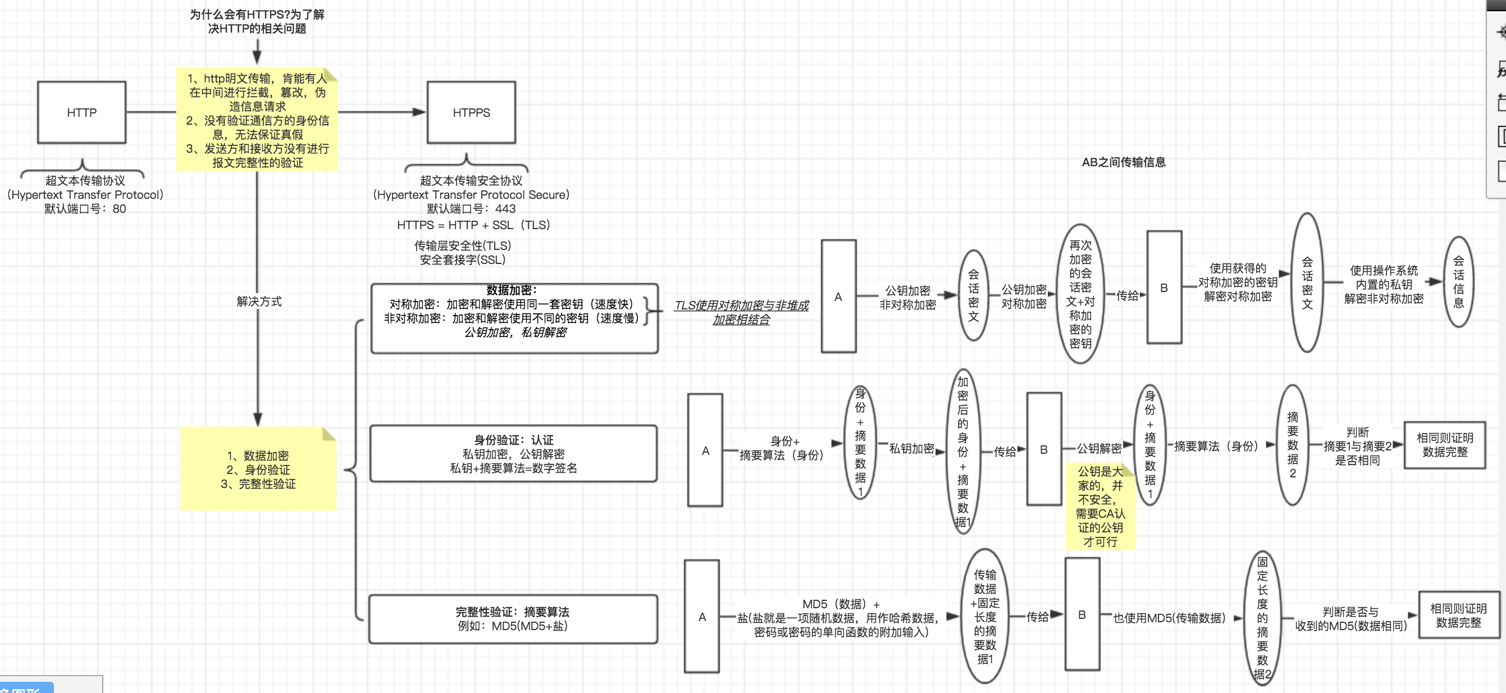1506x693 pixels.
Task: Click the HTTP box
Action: click(81, 112)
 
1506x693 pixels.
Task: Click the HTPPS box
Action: click(471, 112)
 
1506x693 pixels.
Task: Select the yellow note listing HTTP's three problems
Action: click(257, 120)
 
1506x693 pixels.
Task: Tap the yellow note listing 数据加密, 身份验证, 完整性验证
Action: click(258, 469)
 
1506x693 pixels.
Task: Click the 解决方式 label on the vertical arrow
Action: click(259, 301)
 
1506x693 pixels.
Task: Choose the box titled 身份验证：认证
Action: click(513, 453)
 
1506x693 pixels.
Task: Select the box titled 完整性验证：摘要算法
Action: click(512, 619)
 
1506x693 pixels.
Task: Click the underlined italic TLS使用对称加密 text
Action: click(741, 312)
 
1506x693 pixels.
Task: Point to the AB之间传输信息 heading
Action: click(1123, 162)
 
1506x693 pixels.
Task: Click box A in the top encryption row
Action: click(838, 296)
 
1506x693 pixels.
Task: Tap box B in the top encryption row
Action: click(1163, 287)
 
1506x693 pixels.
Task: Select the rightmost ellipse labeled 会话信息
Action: click(1458, 282)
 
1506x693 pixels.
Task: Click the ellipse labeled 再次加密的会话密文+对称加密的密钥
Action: click(1080, 294)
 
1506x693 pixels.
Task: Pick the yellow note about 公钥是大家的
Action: click(1099, 507)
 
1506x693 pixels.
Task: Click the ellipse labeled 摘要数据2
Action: click(1292, 444)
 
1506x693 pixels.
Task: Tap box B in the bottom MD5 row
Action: click(1081, 614)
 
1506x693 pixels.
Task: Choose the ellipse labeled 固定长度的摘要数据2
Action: click(1262, 618)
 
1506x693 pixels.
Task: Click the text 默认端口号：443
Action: click(471, 209)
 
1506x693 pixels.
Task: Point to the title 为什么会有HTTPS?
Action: click(257, 21)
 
